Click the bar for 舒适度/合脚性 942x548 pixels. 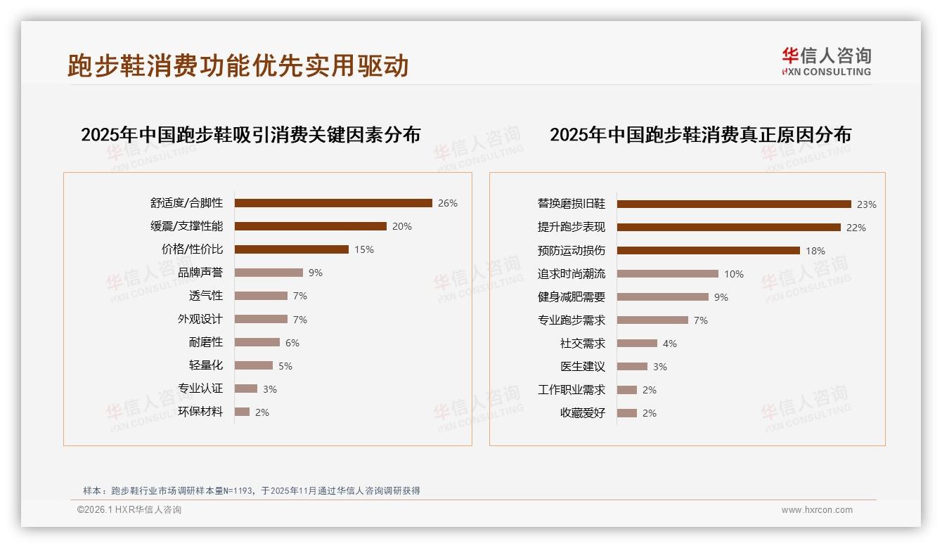[333, 203]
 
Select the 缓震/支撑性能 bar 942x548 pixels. [310, 226]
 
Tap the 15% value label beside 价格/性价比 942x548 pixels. [364, 249]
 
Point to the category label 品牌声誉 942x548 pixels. [200, 273]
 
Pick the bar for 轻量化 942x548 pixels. [253, 365]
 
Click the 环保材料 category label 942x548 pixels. [200, 412]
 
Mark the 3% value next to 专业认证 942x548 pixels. [270, 389]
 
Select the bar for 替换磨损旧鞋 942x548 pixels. [734, 204]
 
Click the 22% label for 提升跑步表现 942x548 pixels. [856, 228]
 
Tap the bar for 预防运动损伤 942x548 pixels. [709, 251]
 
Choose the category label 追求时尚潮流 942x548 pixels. [572, 274]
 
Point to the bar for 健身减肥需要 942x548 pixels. [663, 297]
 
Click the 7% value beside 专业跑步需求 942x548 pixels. [701, 320]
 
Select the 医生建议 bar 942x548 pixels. [632, 367]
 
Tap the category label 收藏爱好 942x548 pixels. [583, 413]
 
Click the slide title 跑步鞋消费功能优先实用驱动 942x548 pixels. [238, 65]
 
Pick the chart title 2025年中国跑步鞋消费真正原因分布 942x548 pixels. [700, 134]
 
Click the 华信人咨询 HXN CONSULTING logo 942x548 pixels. [826, 61]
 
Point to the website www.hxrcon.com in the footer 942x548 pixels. [817, 510]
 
